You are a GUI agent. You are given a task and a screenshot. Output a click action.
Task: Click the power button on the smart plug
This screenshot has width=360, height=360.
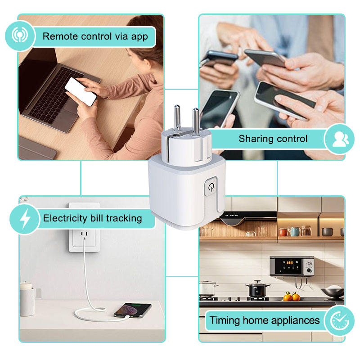coord(211,186)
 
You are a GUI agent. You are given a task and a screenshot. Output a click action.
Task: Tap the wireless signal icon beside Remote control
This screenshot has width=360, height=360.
coord(20,36)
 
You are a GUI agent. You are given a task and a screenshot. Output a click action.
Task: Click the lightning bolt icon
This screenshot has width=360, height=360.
coord(25,219)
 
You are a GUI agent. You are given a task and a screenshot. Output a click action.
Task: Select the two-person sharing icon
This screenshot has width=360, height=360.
coord(340,139)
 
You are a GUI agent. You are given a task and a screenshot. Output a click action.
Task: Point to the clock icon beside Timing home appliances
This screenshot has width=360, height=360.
coord(339,321)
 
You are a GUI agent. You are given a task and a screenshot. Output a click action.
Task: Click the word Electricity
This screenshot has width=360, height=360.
coord(65,218)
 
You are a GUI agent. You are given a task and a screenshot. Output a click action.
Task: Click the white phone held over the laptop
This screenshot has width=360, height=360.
coord(81,91)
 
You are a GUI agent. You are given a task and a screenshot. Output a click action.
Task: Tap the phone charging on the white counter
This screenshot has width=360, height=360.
coord(133,310)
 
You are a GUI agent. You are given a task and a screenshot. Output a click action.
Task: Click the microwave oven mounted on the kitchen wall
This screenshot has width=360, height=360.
coord(292,266)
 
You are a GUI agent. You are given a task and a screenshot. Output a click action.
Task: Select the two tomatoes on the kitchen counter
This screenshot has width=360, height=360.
coord(292,297)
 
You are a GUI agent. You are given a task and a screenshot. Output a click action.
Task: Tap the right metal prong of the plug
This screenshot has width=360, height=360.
coord(196,121)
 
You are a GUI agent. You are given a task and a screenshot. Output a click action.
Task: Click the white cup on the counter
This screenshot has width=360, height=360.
coord(27,300)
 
